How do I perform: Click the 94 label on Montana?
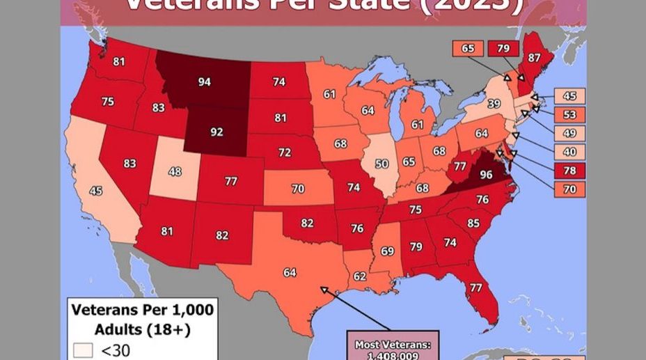[x=204, y=82]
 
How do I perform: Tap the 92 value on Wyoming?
[x=216, y=131]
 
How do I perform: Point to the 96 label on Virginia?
[x=486, y=175]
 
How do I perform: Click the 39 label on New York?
[x=494, y=104]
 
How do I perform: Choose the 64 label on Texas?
[x=290, y=272]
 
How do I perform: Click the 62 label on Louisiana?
[x=359, y=276]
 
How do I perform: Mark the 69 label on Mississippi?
[x=388, y=250]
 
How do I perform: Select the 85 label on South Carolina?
[x=473, y=224]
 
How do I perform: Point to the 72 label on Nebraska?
[x=285, y=152]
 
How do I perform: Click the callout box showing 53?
[x=569, y=115]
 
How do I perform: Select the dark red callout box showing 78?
[x=569, y=171]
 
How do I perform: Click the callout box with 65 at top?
[x=468, y=49]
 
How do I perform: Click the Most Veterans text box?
[x=393, y=347]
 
